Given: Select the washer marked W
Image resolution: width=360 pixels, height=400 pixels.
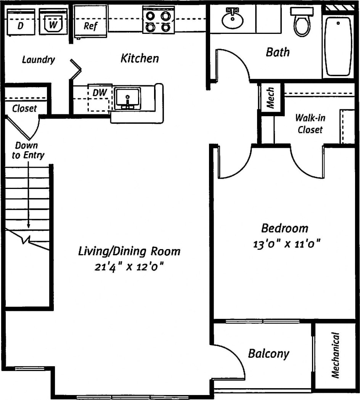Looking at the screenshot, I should click(53, 22).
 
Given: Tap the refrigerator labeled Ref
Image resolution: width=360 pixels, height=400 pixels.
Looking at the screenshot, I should click(90, 23).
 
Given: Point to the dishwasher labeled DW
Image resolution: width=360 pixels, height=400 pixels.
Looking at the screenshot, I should click(99, 98).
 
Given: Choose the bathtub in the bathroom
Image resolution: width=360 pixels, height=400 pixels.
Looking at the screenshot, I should click(338, 46).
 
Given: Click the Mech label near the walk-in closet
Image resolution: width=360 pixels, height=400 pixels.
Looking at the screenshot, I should click(271, 98).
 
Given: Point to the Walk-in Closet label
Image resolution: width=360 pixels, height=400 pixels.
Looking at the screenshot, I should click(311, 124).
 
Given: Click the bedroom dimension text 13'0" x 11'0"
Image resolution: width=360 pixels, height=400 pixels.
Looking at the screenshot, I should click(286, 243).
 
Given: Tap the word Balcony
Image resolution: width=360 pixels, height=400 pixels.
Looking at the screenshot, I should click(268, 354).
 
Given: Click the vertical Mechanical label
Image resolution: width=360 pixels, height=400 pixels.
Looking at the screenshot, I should click(336, 355).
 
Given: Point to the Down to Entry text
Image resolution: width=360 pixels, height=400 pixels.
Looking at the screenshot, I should click(27, 150).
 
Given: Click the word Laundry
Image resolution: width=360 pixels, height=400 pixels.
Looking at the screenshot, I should click(38, 60).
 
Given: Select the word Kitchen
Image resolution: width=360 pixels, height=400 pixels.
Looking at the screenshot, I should click(140, 58).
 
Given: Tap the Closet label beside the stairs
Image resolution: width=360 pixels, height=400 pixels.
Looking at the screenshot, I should click(25, 109).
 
